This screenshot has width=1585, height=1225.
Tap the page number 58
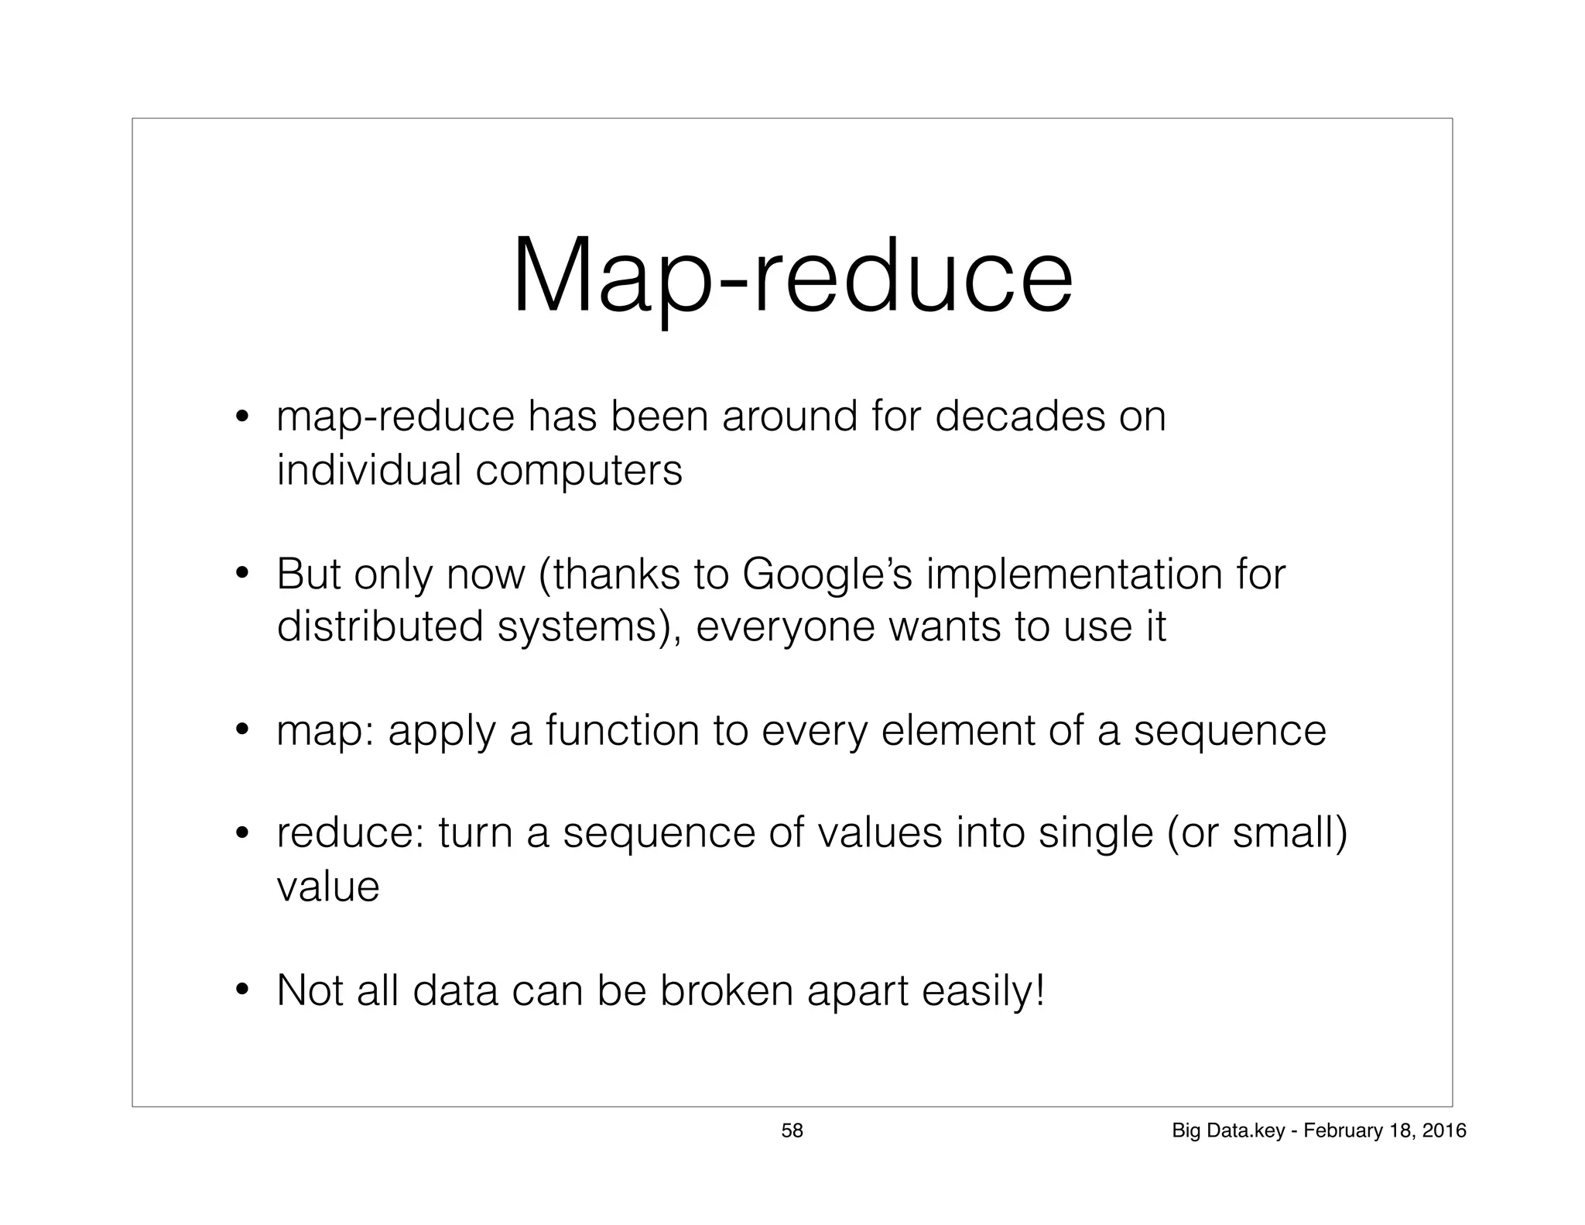click(792, 1131)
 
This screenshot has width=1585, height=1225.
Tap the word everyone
click(785, 627)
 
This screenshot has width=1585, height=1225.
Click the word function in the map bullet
click(621, 730)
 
